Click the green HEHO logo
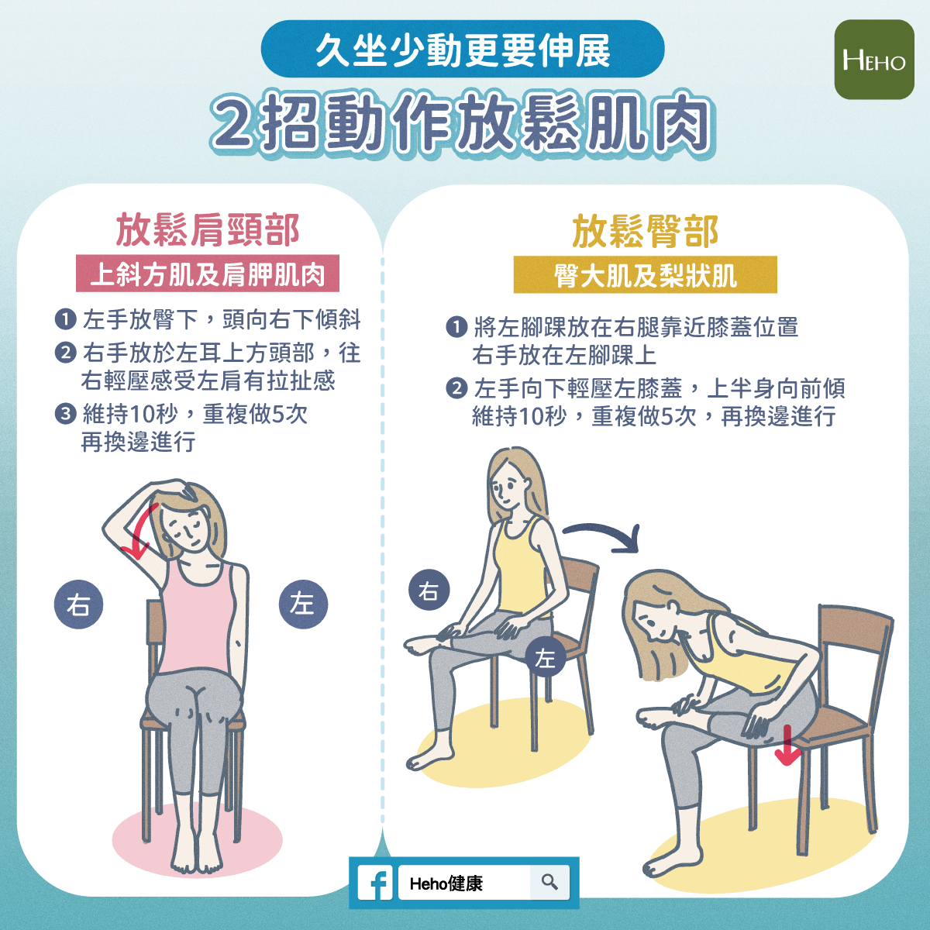(874, 60)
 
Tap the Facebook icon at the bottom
(375, 883)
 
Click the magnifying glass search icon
(549, 882)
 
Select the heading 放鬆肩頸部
(208, 230)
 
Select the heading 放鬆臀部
(646, 232)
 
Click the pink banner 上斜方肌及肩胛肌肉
(208, 274)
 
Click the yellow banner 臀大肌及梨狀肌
(646, 274)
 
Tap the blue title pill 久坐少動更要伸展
(463, 49)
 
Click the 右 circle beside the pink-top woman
(79, 604)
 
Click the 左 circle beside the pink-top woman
(303, 604)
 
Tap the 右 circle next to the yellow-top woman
(429, 591)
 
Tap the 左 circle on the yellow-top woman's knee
(546, 657)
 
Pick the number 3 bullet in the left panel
(66, 414)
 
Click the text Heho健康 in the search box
(446, 883)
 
